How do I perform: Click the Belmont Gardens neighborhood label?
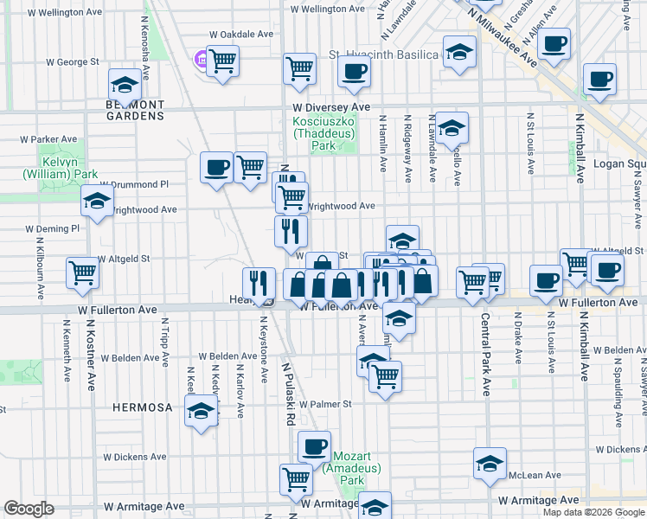pos(134,110)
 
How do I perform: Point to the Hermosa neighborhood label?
pos(142,407)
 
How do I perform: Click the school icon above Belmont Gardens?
pos(125,85)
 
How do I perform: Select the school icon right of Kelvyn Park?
pos(97,202)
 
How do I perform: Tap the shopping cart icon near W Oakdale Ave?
pos(223,61)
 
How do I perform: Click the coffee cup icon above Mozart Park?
pos(314,446)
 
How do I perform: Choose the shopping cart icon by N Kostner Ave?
pos(82,272)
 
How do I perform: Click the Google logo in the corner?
pos(29,509)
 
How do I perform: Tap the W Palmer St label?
pos(324,404)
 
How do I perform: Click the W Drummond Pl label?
pos(134,184)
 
